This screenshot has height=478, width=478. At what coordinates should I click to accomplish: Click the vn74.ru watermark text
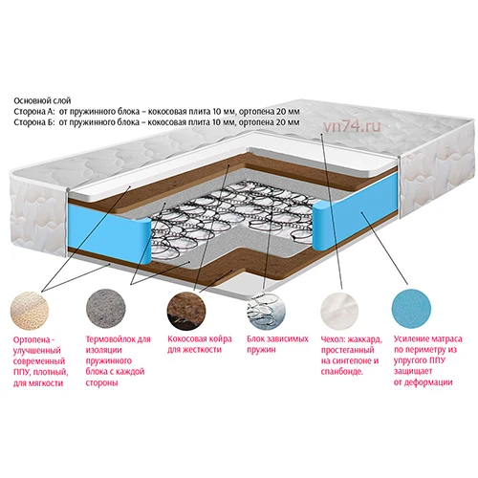pos(352,127)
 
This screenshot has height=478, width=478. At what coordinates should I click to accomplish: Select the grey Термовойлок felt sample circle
pos(106,309)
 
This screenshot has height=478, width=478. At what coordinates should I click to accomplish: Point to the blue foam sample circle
pos(411,309)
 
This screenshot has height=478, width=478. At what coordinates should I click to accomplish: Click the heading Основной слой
pos(42,101)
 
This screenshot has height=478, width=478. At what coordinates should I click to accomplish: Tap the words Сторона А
pos(34,112)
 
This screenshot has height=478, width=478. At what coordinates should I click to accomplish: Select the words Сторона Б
pos(34,122)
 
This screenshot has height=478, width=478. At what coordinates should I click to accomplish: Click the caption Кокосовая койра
pos(200,338)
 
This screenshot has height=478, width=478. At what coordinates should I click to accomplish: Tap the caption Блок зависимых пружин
pos(277,344)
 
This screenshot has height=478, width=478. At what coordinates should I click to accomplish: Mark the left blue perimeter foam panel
pos(108,231)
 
